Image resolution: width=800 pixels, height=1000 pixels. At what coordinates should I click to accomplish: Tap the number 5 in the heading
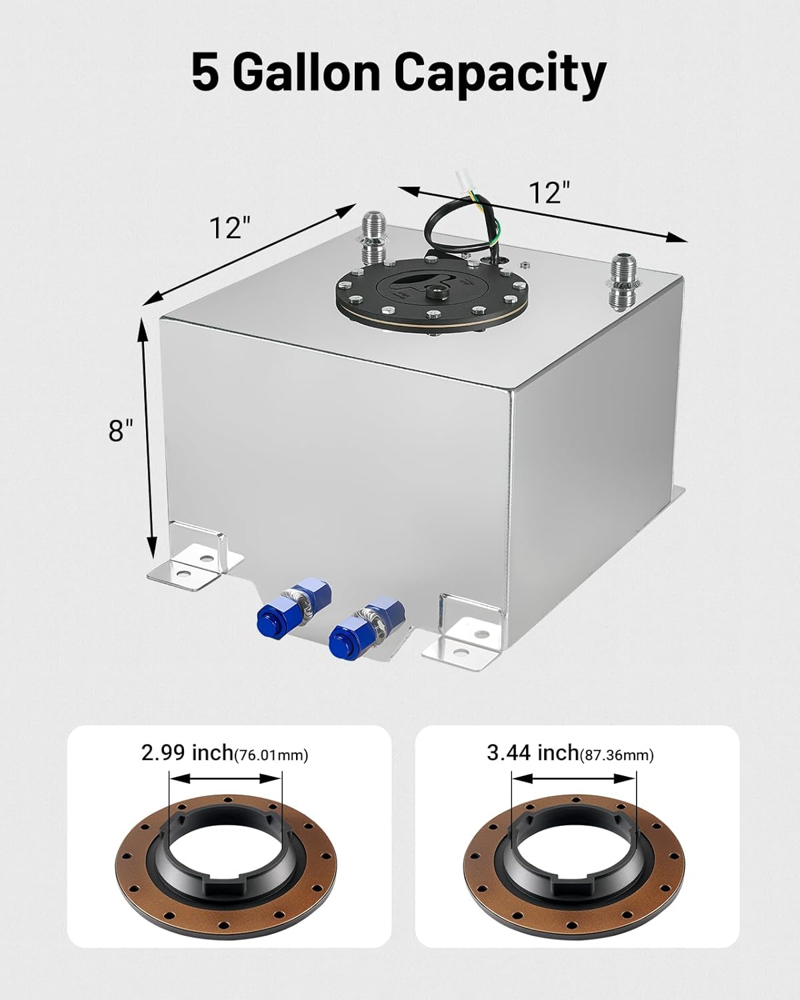205,73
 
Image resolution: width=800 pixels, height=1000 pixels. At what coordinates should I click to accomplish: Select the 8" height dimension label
121,430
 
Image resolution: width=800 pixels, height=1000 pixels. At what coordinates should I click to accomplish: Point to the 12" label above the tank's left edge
229,227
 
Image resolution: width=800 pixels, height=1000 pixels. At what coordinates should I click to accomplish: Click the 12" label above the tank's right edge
549,193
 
